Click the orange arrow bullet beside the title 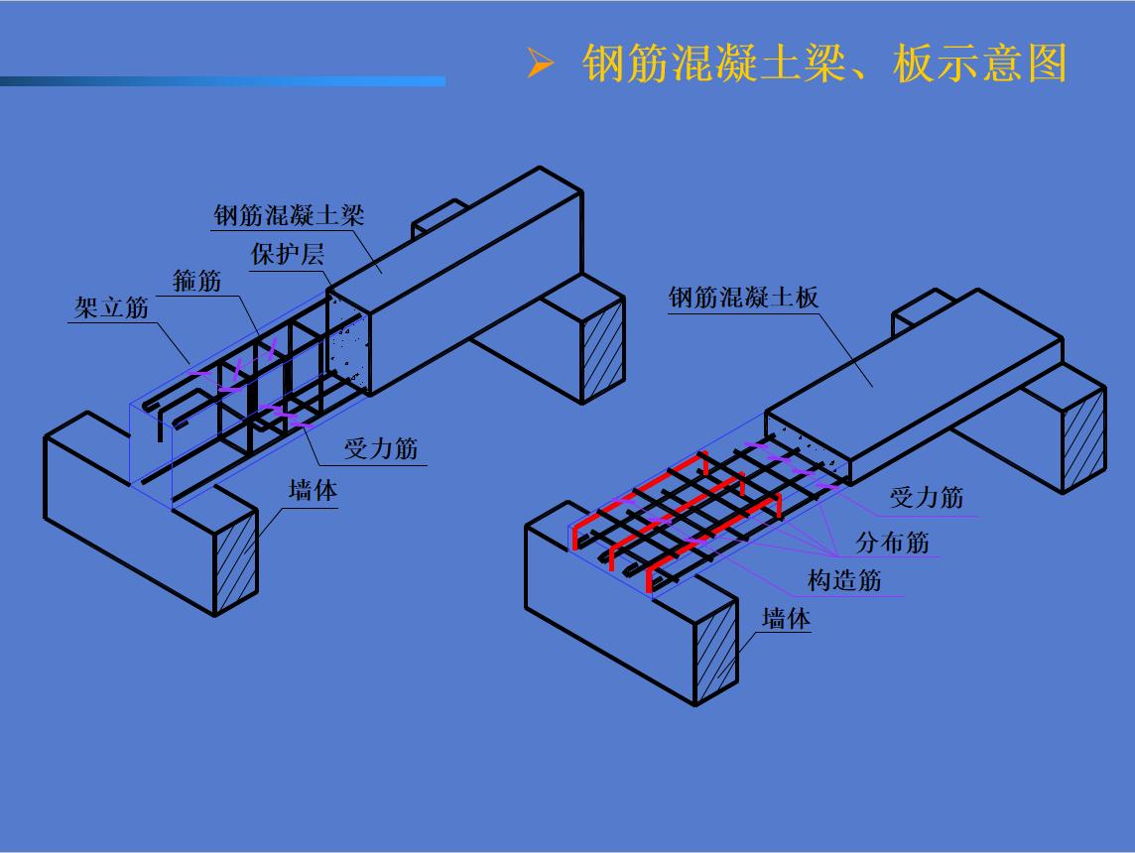(540, 62)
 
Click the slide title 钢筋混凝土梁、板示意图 (824, 63)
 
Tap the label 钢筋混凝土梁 (289, 215)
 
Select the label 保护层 (288, 254)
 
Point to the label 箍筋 (196, 280)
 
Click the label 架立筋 (111, 307)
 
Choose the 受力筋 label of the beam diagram (381, 448)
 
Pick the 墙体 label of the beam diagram (313, 490)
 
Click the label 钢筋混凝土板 (743, 297)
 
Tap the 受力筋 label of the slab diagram (927, 498)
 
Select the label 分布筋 (893, 542)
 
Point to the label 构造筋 (844, 580)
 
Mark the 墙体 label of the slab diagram (786, 619)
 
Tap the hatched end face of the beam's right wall (603, 351)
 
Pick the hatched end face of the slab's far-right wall (1084, 440)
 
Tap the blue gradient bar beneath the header (222, 81)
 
